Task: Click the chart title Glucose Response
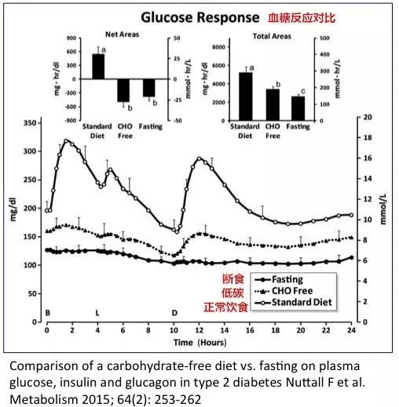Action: coord(200,18)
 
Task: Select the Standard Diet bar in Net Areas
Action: coord(98,67)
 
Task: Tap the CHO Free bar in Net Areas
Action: coord(123,90)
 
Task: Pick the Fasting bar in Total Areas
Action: coord(298,108)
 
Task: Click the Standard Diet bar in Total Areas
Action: coord(246,96)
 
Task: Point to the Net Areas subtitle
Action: coord(122,35)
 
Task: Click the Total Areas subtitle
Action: coord(272,36)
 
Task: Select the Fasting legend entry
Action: coord(279,279)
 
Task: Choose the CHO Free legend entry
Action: coord(284,291)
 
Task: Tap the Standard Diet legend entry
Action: coord(293,302)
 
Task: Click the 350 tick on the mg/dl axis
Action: coord(29,123)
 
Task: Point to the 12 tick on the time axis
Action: coord(199,330)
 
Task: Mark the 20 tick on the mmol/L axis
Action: coord(368,117)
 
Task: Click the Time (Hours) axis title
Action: coord(199,343)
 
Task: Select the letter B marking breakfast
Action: coord(48,313)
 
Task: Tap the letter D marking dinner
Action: coord(174,313)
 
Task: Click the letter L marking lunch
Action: coord(97,313)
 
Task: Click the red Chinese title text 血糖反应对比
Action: coord(302,18)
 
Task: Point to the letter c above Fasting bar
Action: coord(303,92)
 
